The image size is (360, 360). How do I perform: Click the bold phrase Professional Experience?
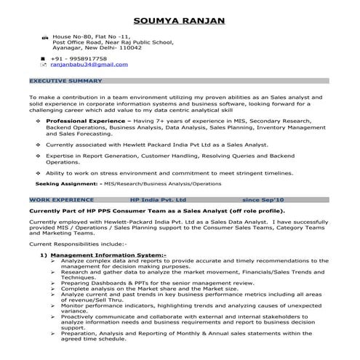[x=84, y=119]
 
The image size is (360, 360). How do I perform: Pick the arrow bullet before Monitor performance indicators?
[x=53, y=305]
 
